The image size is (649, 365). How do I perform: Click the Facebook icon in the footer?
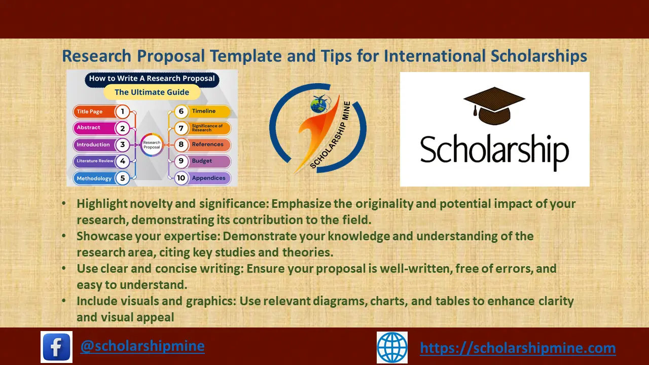click(x=56, y=347)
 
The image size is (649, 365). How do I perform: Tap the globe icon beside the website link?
click(x=392, y=347)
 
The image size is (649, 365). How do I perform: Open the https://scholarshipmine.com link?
click(x=518, y=348)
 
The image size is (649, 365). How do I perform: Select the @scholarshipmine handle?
click(x=142, y=346)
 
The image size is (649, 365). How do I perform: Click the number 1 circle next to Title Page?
click(x=122, y=112)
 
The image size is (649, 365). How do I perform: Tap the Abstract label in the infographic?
click(x=89, y=128)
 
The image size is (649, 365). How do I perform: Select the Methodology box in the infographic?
click(x=94, y=178)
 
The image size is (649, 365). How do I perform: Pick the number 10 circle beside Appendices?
click(x=181, y=178)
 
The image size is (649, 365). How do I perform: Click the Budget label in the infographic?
click(x=202, y=161)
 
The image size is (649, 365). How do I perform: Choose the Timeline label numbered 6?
click(x=203, y=111)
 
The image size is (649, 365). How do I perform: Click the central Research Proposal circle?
click(x=152, y=145)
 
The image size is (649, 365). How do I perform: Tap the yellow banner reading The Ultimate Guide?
click(x=152, y=92)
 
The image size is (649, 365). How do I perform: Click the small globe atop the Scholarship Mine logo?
click(x=318, y=105)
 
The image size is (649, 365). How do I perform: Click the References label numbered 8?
click(x=207, y=144)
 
